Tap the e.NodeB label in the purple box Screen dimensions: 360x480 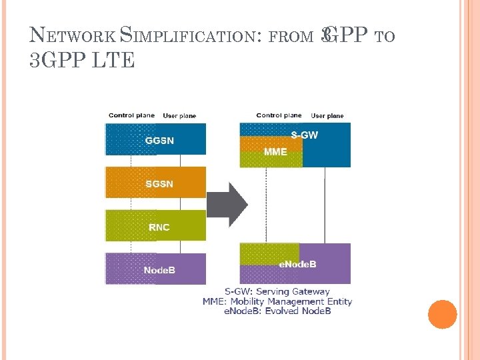(x=297, y=264)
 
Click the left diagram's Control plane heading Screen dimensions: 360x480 (x=132, y=115)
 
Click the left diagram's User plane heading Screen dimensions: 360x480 (x=180, y=116)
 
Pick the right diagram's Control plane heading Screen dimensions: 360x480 (x=279, y=115)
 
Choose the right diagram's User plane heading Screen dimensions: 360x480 (x=327, y=116)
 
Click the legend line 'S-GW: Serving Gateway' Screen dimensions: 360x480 (x=277, y=291)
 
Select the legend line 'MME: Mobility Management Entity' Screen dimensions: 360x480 (x=277, y=301)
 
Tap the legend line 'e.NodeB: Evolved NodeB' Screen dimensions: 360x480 (x=277, y=311)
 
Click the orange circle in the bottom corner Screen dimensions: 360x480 (x=442, y=315)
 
